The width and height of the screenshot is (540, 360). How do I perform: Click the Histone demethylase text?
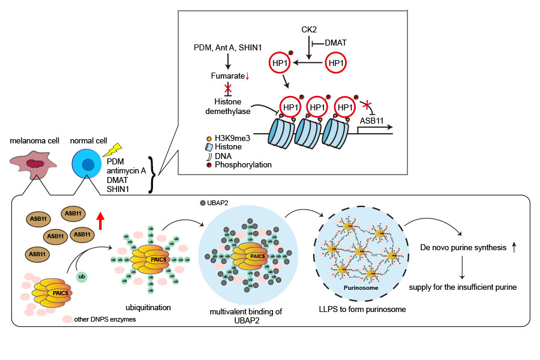(x=227, y=106)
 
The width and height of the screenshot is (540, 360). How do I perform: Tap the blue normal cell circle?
(x=88, y=165)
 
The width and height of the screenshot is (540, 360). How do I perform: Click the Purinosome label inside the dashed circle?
(x=359, y=287)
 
